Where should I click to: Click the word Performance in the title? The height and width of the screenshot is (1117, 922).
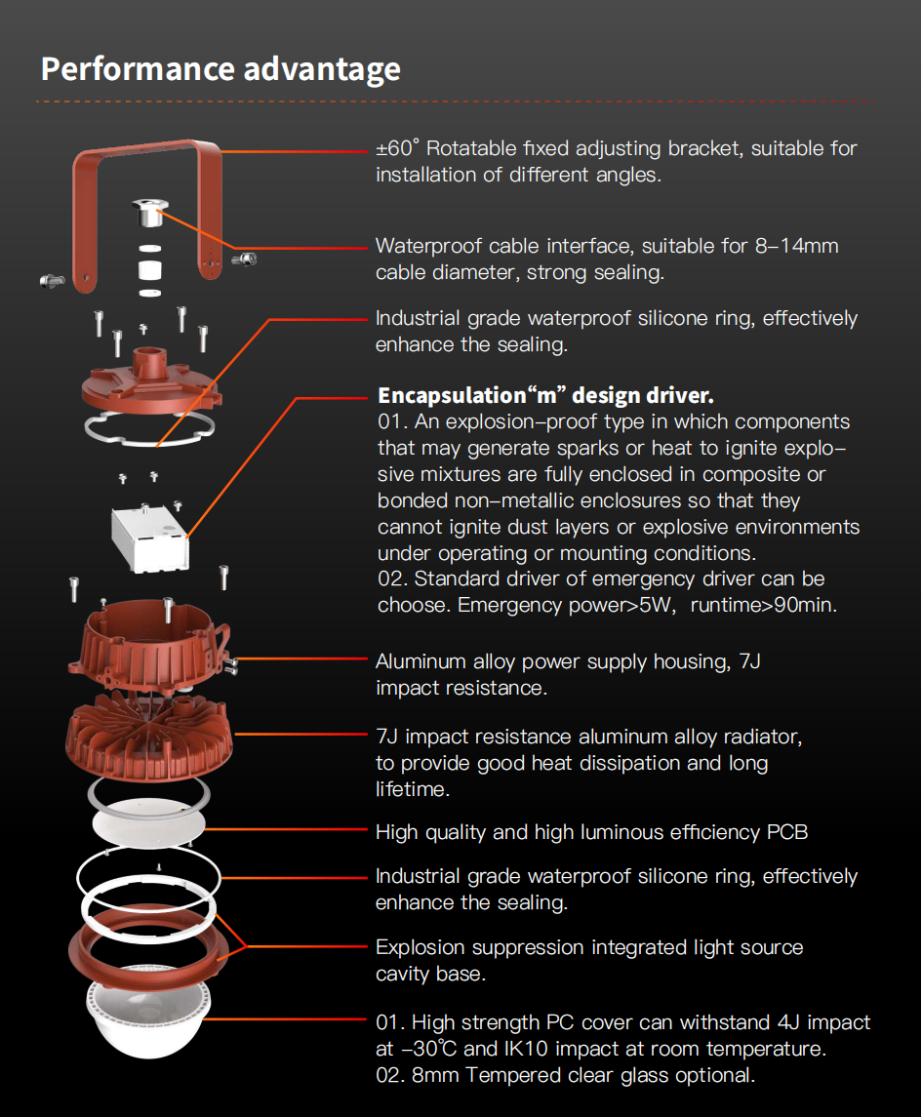coord(138,69)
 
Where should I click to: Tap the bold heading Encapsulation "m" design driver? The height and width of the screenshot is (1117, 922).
coord(545,395)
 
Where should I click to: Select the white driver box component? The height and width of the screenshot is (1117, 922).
coord(150,538)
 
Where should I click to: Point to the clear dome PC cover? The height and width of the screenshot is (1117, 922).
coord(148,1013)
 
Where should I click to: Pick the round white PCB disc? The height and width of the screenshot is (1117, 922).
coord(149,822)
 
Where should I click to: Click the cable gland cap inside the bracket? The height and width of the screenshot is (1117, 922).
coord(149,213)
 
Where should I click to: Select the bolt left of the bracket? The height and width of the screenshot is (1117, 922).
coord(52,281)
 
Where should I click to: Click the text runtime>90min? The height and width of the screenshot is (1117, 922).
coord(763,605)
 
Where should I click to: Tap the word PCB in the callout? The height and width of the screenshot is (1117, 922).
coord(787,832)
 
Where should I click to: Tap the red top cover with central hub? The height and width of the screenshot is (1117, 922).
coord(150,384)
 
